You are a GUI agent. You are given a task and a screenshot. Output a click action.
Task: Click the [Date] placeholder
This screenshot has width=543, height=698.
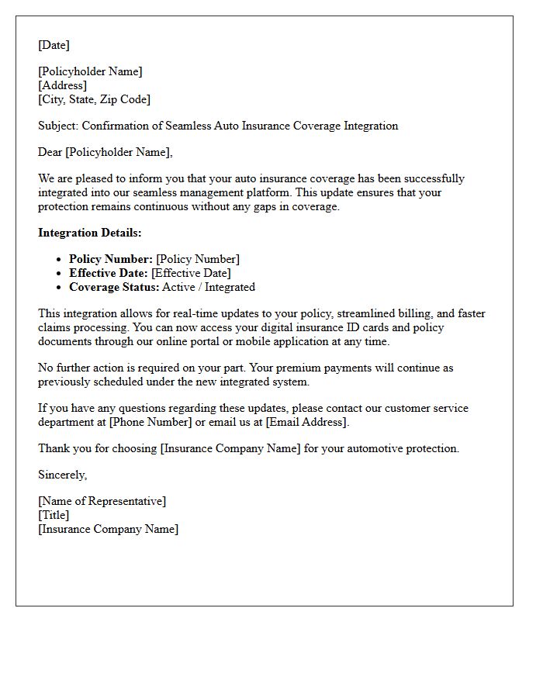54,45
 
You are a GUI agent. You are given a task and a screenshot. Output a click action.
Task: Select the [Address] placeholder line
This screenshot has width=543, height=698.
62,85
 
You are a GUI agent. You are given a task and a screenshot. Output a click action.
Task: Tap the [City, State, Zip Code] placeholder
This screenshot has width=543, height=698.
94,99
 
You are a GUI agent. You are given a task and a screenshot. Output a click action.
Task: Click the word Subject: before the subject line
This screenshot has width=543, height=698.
58,126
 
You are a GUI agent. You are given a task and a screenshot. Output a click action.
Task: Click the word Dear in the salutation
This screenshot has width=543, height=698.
50,152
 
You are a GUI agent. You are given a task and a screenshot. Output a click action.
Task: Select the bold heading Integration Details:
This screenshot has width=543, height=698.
90,233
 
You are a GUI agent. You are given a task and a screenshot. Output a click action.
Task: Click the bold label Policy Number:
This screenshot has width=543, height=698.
110,259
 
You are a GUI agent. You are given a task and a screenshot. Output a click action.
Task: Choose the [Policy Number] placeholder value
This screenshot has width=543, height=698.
198,259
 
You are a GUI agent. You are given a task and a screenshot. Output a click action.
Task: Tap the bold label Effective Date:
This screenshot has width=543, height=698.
109,273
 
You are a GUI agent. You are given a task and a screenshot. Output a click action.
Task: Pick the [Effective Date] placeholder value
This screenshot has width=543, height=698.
191,273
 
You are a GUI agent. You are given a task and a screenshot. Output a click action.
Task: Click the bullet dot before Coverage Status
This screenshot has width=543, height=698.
59,288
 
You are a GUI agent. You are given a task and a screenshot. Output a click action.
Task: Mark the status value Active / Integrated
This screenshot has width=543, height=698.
209,287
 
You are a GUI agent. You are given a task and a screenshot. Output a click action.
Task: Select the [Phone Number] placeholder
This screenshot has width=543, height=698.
150,422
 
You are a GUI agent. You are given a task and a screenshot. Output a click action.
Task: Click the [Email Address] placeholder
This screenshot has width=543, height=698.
307,422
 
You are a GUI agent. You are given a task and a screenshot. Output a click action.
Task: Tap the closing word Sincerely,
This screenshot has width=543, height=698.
62,475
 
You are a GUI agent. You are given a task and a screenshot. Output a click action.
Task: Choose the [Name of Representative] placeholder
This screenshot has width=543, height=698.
102,501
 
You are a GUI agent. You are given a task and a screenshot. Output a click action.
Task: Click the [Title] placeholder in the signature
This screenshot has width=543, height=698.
54,515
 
